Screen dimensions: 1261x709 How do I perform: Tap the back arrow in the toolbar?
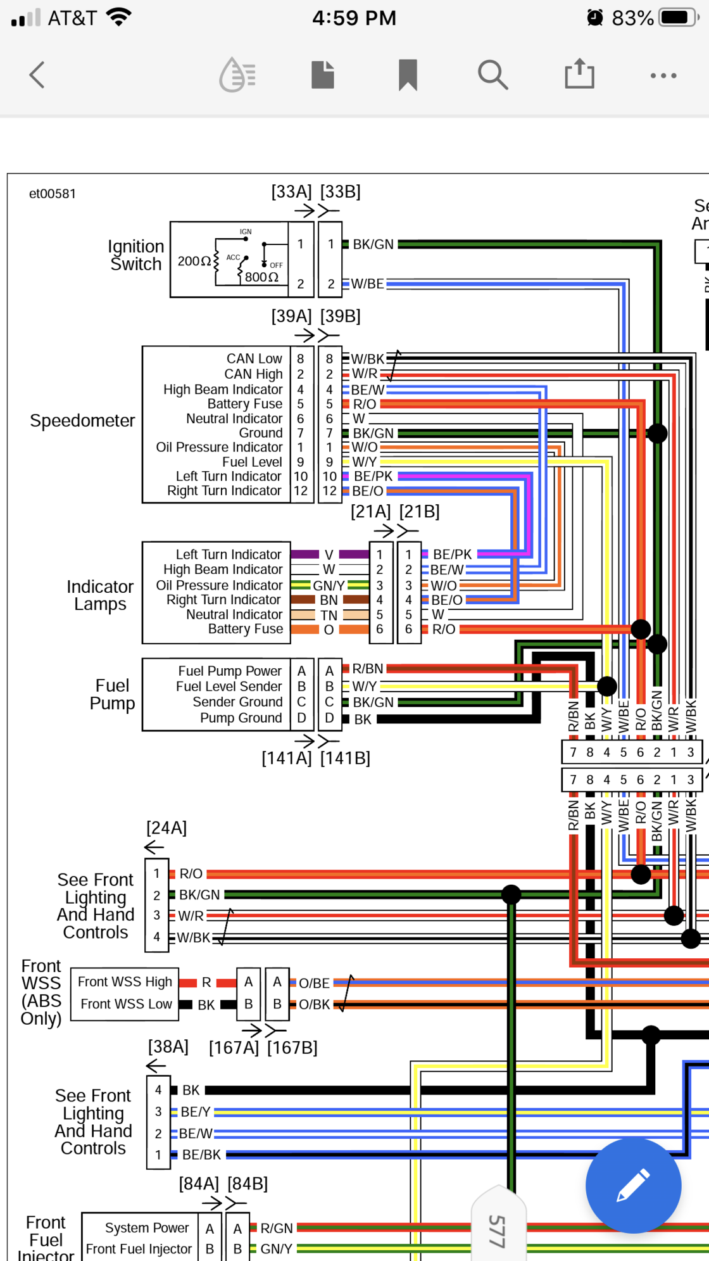[x=37, y=75]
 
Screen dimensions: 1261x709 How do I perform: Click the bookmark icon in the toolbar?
[x=408, y=75]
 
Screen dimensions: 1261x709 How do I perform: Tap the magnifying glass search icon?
[x=493, y=75]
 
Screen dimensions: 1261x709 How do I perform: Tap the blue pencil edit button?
[x=633, y=1185]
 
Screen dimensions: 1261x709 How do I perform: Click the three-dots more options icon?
[x=663, y=75]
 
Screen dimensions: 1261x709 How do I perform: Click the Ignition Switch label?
[x=136, y=255]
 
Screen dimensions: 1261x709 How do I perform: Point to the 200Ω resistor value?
[x=194, y=261]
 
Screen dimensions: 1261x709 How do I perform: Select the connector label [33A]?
[x=291, y=191]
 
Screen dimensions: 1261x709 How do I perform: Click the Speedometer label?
[x=82, y=421]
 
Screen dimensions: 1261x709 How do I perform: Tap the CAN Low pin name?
[x=254, y=358]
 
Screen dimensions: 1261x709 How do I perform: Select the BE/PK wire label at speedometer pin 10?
[x=373, y=476]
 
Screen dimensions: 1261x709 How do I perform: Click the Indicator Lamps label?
[x=100, y=595]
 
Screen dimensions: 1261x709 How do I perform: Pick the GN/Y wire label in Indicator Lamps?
[x=329, y=586]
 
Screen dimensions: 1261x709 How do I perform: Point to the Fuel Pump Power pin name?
[x=229, y=671]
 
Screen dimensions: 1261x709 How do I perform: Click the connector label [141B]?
[x=345, y=758]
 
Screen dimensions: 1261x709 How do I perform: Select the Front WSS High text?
[x=125, y=982]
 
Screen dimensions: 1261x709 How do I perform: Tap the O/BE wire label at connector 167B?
[x=314, y=983]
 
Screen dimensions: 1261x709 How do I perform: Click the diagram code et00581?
[x=53, y=194]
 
